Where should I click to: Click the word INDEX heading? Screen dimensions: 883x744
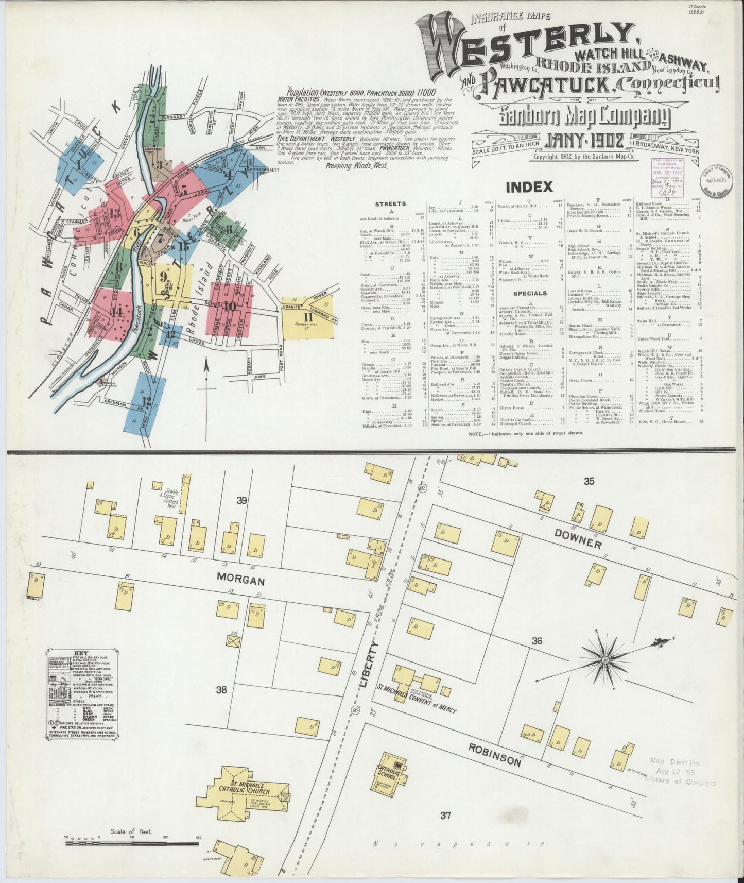pyautogui.click(x=529, y=186)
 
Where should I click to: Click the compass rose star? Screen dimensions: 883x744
pyautogui.click(x=605, y=659)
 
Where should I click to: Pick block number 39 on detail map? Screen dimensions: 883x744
pyautogui.click(x=241, y=500)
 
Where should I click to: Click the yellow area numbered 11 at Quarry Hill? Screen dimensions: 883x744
pyautogui.click(x=308, y=318)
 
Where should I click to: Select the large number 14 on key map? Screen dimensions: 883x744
pyautogui.click(x=117, y=311)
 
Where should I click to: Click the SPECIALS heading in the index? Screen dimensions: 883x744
pyautogui.click(x=530, y=293)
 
